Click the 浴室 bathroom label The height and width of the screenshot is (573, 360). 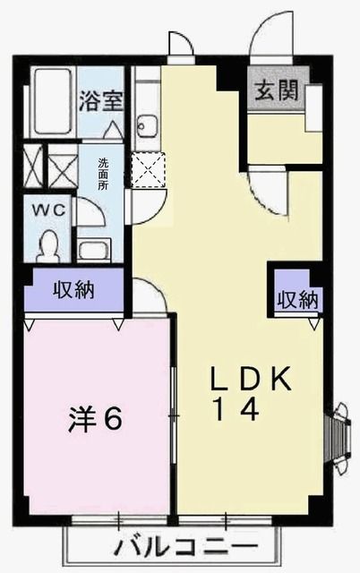pyautogui.click(x=100, y=99)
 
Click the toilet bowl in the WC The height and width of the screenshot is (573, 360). pyautogui.click(x=50, y=242)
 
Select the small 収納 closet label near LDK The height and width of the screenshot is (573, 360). pyautogui.click(x=296, y=300)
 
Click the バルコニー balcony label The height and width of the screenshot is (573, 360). pyautogui.click(x=187, y=547)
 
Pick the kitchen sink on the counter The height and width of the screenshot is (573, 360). pyautogui.click(x=146, y=125)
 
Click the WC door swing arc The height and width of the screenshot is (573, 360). pyautogui.click(x=88, y=213)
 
